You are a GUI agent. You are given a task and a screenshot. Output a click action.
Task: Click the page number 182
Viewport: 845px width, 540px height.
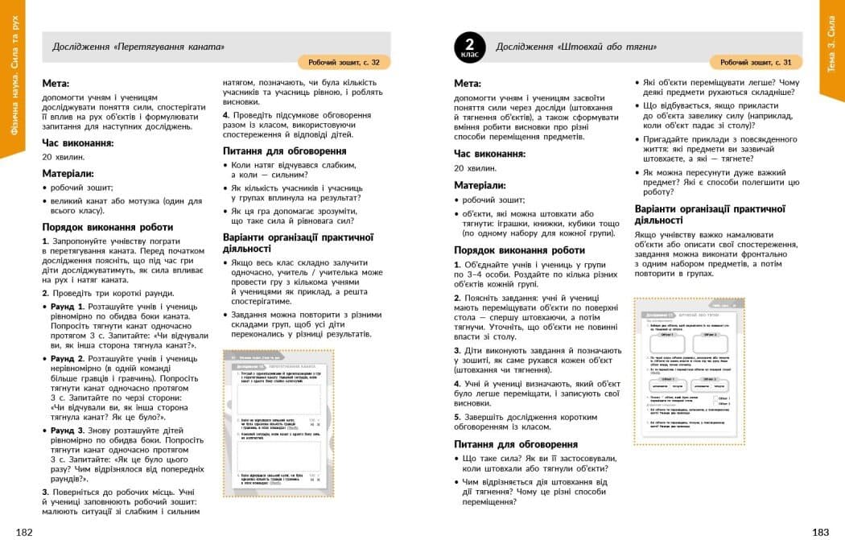click(x=24, y=532)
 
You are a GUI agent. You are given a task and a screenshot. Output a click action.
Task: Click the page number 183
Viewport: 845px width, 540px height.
click(x=820, y=532)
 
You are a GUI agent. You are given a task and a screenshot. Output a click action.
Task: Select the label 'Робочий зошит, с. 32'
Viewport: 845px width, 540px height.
click(x=344, y=62)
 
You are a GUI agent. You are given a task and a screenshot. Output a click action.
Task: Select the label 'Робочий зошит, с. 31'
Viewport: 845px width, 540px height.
click(x=756, y=62)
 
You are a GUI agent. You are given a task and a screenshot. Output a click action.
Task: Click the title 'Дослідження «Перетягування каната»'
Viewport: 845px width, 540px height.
click(x=138, y=47)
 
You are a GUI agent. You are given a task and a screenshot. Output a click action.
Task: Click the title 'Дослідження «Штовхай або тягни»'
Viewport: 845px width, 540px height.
click(x=576, y=47)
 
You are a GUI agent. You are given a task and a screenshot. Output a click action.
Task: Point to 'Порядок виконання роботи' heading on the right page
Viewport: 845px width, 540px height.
click(x=519, y=250)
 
